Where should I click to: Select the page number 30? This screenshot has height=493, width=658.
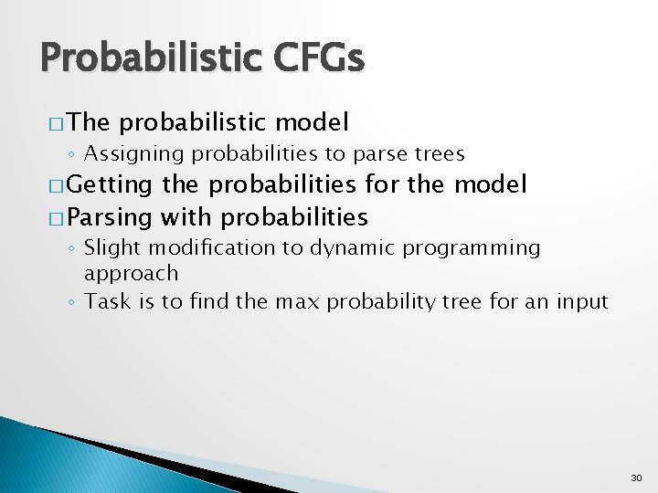pyautogui.click(x=636, y=477)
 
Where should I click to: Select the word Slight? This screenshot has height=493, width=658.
pyautogui.click(x=111, y=248)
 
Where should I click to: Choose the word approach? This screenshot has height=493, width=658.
pyautogui.click(x=132, y=273)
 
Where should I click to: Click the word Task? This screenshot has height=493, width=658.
pyautogui.click(x=104, y=301)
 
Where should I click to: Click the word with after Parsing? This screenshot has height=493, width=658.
pyautogui.click(x=186, y=217)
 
